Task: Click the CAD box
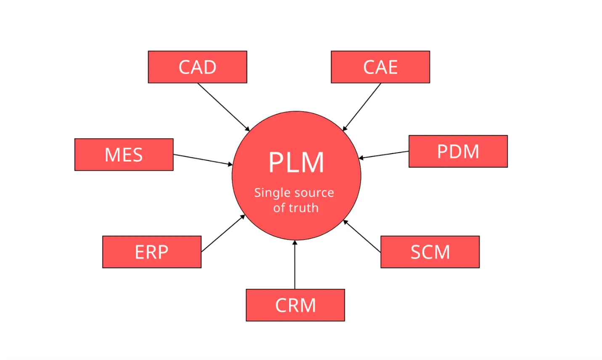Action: tap(197, 67)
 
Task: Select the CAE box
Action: tap(380, 67)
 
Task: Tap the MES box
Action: tap(124, 155)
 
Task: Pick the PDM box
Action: tap(458, 151)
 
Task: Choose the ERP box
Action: tap(152, 252)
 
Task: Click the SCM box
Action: tap(430, 252)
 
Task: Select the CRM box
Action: tap(295, 305)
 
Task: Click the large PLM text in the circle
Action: tap(296, 163)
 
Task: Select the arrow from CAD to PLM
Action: tap(223, 106)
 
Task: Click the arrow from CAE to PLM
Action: tap(362, 107)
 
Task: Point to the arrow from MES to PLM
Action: tap(202, 159)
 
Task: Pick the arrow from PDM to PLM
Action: tap(384, 155)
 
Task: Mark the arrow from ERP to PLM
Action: tap(223, 233)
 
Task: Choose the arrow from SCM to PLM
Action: tap(362, 236)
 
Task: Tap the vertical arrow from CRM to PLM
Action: tap(295, 265)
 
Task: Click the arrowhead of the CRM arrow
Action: tap(295, 243)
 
